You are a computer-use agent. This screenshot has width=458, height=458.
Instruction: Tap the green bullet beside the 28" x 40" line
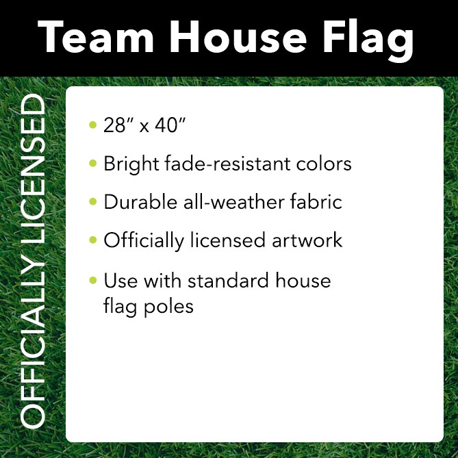click(x=93, y=125)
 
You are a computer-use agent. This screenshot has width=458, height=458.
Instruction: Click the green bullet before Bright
click(x=93, y=164)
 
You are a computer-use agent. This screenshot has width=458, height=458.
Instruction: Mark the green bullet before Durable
click(x=93, y=202)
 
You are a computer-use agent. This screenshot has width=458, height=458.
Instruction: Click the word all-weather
click(x=228, y=202)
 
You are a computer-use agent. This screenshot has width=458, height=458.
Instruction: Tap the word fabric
click(x=314, y=202)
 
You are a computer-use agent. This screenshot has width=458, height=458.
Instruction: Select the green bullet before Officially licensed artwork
click(x=93, y=240)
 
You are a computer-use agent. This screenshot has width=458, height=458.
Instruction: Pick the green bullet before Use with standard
click(x=93, y=280)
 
